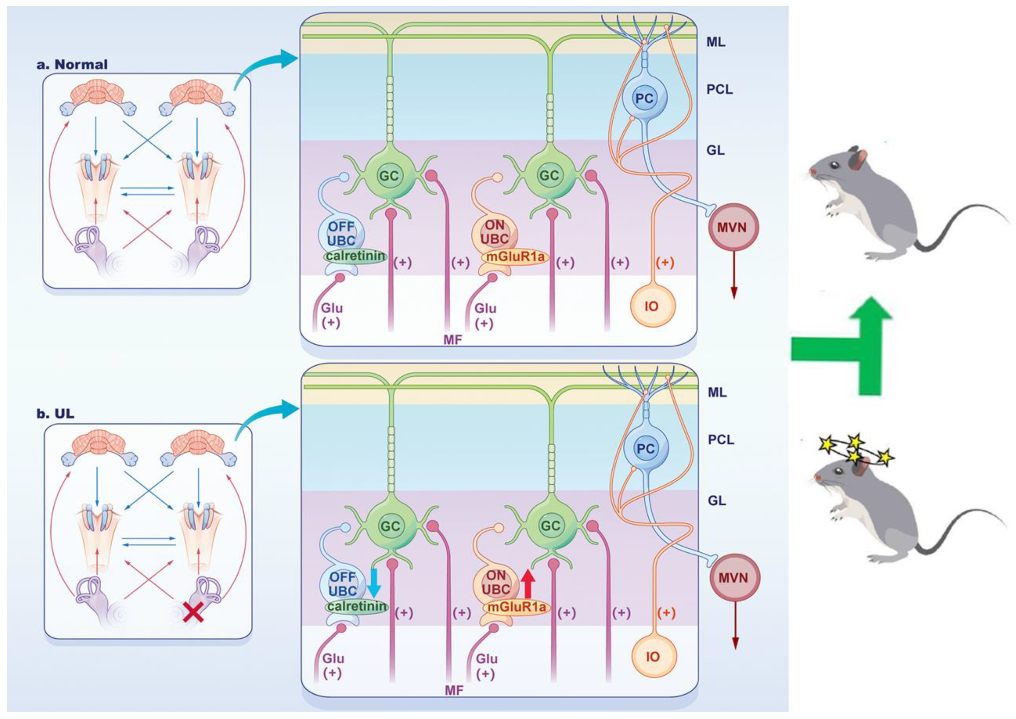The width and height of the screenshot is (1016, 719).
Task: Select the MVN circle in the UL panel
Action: tap(733, 578)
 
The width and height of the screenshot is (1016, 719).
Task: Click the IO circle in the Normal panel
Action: tap(652, 306)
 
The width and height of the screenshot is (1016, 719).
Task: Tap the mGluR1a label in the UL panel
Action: tap(515, 607)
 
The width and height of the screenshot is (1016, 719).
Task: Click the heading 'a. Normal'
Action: tap(72, 65)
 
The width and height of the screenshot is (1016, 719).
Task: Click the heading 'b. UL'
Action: tap(56, 414)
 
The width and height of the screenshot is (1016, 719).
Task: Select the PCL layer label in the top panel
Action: tap(719, 90)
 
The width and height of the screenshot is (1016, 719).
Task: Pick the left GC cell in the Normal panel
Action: tap(389, 176)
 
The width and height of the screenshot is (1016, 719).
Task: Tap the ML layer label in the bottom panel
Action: tap(717, 392)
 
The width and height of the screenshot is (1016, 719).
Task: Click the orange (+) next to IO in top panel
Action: tap(665, 262)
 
